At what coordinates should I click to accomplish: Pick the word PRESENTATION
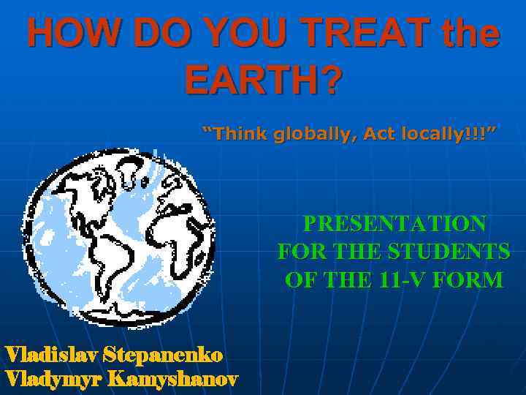point(394,223)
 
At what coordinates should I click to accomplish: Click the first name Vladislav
point(52,355)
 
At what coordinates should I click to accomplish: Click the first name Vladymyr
point(54,379)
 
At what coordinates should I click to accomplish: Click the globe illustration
point(122,238)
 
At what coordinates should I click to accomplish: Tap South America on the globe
point(117,256)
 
